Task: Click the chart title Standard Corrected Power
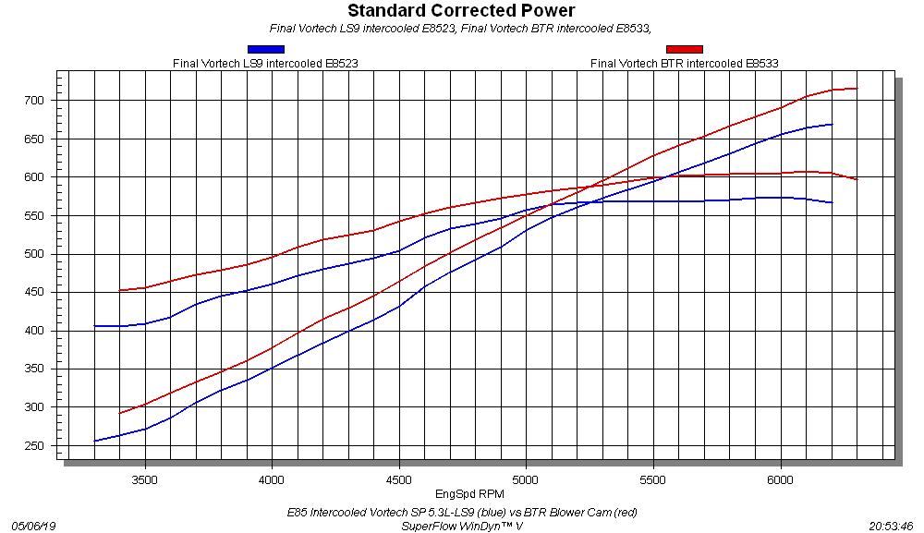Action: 461,11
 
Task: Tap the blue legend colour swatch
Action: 265,49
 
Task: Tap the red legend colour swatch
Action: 684,49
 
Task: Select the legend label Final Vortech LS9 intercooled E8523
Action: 265,64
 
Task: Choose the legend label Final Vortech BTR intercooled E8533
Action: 684,64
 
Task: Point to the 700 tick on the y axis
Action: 35,100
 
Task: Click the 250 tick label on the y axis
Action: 35,446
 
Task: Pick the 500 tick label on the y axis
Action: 35,254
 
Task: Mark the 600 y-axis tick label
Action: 35,176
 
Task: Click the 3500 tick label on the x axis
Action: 144,480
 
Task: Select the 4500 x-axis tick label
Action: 398,480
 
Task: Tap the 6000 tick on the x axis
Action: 781,480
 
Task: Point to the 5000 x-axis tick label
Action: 526,480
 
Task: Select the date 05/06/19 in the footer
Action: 33,525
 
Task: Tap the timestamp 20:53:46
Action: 891,525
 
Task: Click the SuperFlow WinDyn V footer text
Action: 462,525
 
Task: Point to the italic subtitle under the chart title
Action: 461,28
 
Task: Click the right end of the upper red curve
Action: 857,89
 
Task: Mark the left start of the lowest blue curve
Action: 95,441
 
